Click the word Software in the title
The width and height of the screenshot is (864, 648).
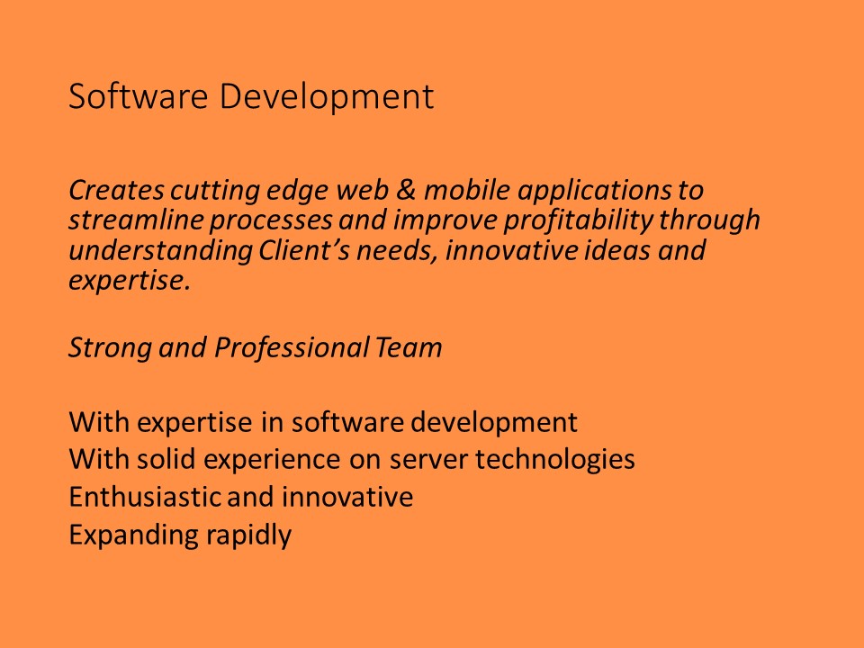138,96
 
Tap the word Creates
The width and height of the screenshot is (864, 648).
116,190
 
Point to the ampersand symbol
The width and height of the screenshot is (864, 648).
406,190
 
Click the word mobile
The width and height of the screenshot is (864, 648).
467,190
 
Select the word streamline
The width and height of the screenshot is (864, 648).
136,220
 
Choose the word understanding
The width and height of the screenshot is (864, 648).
160,252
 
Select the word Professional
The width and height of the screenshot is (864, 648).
292,347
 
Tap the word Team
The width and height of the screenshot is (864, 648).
409,347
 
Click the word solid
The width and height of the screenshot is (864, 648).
166,459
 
